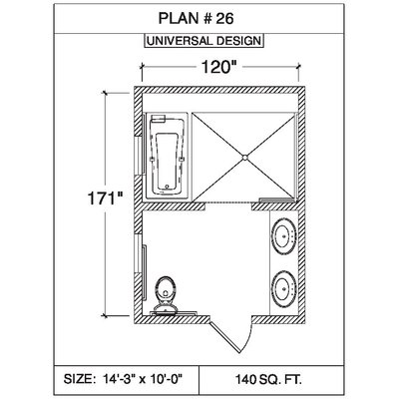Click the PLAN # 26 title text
point(197,19)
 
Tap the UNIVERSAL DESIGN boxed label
point(204,41)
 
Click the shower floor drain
point(244,158)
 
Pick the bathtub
point(167,157)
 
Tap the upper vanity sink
point(283,236)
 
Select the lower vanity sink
point(283,288)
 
